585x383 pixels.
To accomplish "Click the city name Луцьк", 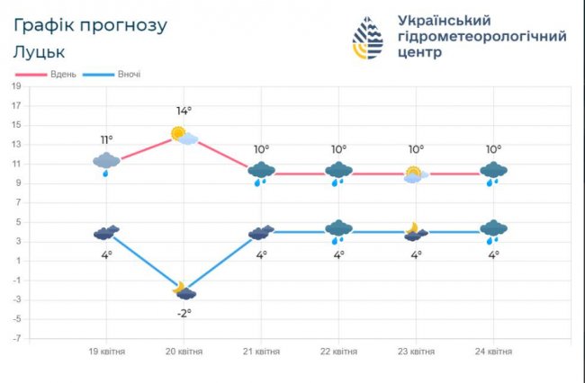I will pyautogui.click(x=39, y=51).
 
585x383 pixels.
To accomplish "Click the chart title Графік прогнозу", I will pyautogui.click(x=90, y=25).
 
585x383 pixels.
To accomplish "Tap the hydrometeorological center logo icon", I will pyautogui.click(x=366, y=38).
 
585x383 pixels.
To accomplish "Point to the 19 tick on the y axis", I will pyautogui.click(x=16, y=86).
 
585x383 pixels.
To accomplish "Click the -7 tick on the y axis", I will pyautogui.click(x=16, y=338).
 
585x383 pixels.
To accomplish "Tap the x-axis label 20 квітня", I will pyautogui.click(x=184, y=352).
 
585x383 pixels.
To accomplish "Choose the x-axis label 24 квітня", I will pyautogui.click(x=493, y=352).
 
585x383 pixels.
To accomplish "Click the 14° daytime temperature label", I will pyautogui.click(x=184, y=111).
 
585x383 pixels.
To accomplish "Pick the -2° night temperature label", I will pyautogui.click(x=184, y=312).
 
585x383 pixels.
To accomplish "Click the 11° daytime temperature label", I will pyautogui.click(x=106, y=139).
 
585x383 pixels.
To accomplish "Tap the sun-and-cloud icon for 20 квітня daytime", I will pyautogui.click(x=184, y=136).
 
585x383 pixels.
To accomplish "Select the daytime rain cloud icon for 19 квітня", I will pyautogui.click(x=106, y=163).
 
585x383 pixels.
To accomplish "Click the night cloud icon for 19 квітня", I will pyautogui.click(x=106, y=233).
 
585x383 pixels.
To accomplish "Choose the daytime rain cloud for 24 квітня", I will pyautogui.click(x=493, y=172).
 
